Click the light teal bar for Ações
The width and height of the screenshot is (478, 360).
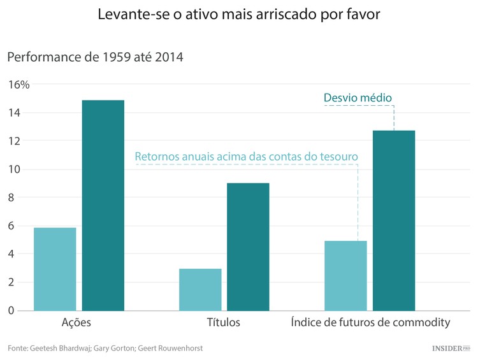click(x=55, y=269)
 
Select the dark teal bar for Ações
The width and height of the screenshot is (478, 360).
click(x=103, y=205)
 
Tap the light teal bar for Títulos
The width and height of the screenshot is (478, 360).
click(x=200, y=289)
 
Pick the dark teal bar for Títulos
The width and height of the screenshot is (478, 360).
click(x=248, y=247)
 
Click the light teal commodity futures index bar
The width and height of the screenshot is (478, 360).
click(x=345, y=275)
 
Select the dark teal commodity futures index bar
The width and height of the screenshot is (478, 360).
click(x=394, y=220)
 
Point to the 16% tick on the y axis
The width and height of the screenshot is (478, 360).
click(x=18, y=85)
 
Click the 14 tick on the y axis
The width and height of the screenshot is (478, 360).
click(x=15, y=113)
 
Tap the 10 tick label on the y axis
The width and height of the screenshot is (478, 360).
click(x=15, y=169)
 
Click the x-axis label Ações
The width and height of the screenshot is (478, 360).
click(x=76, y=322)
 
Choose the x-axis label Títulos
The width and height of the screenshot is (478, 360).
click(x=224, y=322)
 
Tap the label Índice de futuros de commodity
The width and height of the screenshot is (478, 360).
click(x=370, y=322)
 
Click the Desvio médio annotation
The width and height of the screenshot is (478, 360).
click(x=358, y=97)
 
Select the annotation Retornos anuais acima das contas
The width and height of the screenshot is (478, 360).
click(x=246, y=156)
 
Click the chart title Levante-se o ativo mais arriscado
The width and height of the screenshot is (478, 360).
click(x=238, y=15)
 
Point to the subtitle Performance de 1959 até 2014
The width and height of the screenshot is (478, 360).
click(x=95, y=57)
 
